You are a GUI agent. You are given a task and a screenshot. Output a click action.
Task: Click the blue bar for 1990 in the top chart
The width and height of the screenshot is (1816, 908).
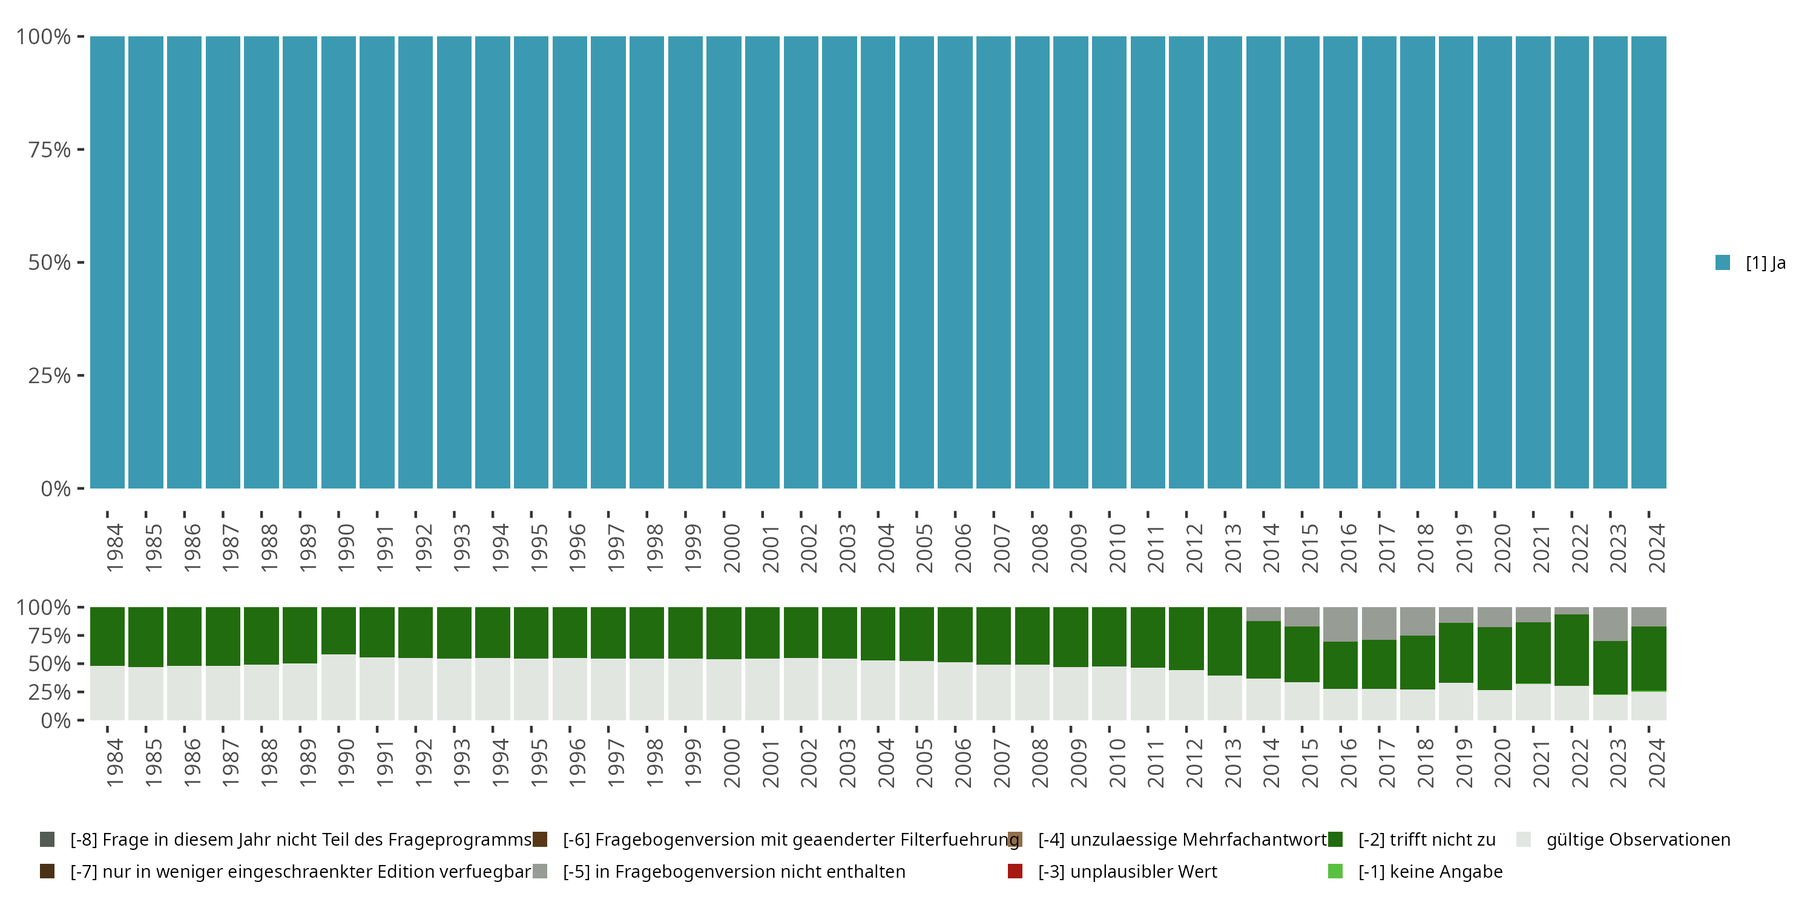click(x=338, y=262)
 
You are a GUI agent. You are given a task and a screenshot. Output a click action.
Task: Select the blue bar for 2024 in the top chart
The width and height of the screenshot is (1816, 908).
click(x=1648, y=262)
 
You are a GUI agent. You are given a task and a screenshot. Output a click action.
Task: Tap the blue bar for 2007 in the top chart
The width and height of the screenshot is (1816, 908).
click(x=993, y=262)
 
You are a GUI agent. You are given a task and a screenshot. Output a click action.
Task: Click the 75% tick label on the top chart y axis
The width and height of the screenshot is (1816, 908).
click(x=50, y=150)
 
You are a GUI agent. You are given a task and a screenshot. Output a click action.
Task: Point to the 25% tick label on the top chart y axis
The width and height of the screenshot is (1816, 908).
click(x=50, y=376)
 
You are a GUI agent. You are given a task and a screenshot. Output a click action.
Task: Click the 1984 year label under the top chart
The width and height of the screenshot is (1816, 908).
click(x=115, y=548)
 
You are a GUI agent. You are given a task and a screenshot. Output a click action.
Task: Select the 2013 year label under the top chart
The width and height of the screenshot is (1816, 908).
click(x=1232, y=548)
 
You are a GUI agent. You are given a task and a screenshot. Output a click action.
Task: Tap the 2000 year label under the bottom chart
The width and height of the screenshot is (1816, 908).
click(x=732, y=763)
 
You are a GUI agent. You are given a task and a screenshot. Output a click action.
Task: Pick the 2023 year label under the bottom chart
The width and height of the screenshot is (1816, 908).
click(x=1617, y=763)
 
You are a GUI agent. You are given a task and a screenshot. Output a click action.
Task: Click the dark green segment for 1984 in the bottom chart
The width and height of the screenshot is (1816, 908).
click(x=107, y=636)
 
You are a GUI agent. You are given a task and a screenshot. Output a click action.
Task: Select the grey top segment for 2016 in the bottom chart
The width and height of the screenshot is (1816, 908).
click(x=1340, y=624)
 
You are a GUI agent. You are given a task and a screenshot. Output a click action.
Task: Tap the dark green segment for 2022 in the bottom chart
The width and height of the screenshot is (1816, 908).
click(x=1571, y=650)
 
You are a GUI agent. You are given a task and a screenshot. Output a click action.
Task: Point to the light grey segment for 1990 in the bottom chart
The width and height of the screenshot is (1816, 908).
click(x=338, y=687)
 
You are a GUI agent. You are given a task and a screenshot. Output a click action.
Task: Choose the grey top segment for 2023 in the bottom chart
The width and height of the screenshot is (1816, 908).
click(x=1610, y=624)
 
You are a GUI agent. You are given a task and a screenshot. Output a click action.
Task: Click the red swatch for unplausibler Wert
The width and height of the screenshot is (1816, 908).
click(x=1015, y=871)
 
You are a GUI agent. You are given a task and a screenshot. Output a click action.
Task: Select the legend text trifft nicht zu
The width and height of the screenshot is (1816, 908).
click(x=1426, y=840)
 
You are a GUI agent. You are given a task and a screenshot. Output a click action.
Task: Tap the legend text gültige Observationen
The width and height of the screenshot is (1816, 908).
click(x=1637, y=840)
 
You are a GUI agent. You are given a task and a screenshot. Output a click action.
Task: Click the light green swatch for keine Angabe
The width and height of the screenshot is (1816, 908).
click(x=1335, y=871)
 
